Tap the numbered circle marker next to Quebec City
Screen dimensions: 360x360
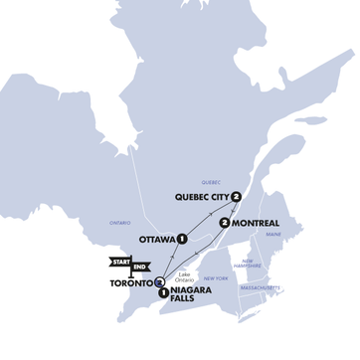[x=236, y=197]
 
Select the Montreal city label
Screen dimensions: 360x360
[x=256, y=223]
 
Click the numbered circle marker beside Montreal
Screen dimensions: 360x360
[x=226, y=223]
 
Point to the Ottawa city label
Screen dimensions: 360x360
[x=157, y=239]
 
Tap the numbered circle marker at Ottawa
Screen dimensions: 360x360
[x=183, y=239]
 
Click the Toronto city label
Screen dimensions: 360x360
[x=130, y=282]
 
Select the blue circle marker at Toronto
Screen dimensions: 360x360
[x=159, y=282]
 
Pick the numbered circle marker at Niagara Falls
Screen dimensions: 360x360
[x=163, y=292]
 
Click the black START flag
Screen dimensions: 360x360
[x=119, y=262]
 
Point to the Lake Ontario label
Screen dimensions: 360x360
[x=185, y=274]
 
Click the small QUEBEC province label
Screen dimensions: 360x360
[x=210, y=182]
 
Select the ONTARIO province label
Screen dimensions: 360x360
[x=119, y=223]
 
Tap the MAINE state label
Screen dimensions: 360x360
[x=273, y=234]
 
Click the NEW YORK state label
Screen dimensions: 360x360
[x=216, y=278]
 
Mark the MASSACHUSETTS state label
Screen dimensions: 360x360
[x=259, y=287]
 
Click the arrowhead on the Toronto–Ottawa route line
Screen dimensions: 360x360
[x=170, y=262]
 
